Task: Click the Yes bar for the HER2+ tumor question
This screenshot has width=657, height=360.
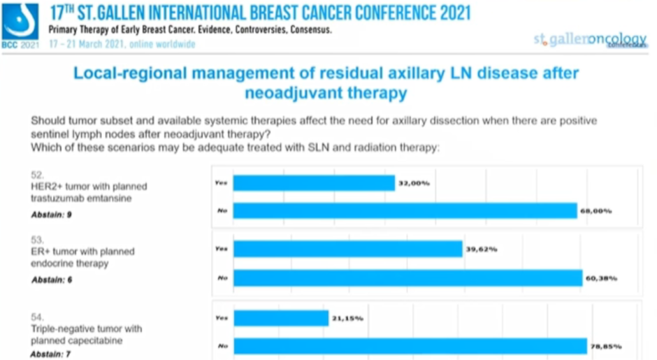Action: pos(314,183)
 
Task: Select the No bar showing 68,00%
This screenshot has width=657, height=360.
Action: pos(405,210)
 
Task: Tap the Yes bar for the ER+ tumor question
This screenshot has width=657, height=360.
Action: pos(347,249)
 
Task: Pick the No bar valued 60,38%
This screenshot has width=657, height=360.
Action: pos(407,278)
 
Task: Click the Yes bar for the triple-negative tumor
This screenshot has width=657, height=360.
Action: pos(280,318)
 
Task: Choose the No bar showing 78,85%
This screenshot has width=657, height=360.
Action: pos(410,346)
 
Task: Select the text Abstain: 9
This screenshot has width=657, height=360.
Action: pos(52,215)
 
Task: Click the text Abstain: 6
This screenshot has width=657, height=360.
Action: pos(52,280)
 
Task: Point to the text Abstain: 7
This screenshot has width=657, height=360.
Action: pos(52,354)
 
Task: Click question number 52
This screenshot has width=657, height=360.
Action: pos(38,174)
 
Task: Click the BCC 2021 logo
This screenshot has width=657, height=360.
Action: pos(20,25)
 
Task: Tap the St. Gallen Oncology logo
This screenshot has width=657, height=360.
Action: pos(589,40)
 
